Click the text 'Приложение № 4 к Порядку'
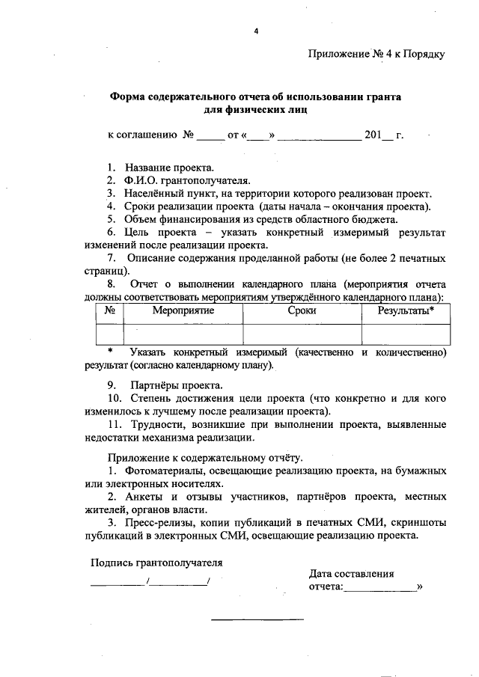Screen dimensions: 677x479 (x=376, y=54)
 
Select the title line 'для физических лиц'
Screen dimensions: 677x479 (x=255, y=109)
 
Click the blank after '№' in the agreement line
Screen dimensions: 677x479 (x=210, y=136)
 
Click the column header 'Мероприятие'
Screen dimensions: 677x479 (x=183, y=310)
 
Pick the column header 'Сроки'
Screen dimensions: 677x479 (x=302, y=310)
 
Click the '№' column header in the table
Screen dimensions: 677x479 (x=109, y=310)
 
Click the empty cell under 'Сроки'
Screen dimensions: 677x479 (x=302, y=334)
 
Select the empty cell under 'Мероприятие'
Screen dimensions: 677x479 (x=183, y=334)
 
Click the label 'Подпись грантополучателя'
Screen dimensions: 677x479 (x=157, y=563)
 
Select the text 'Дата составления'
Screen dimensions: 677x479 (x=351, y=574)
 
